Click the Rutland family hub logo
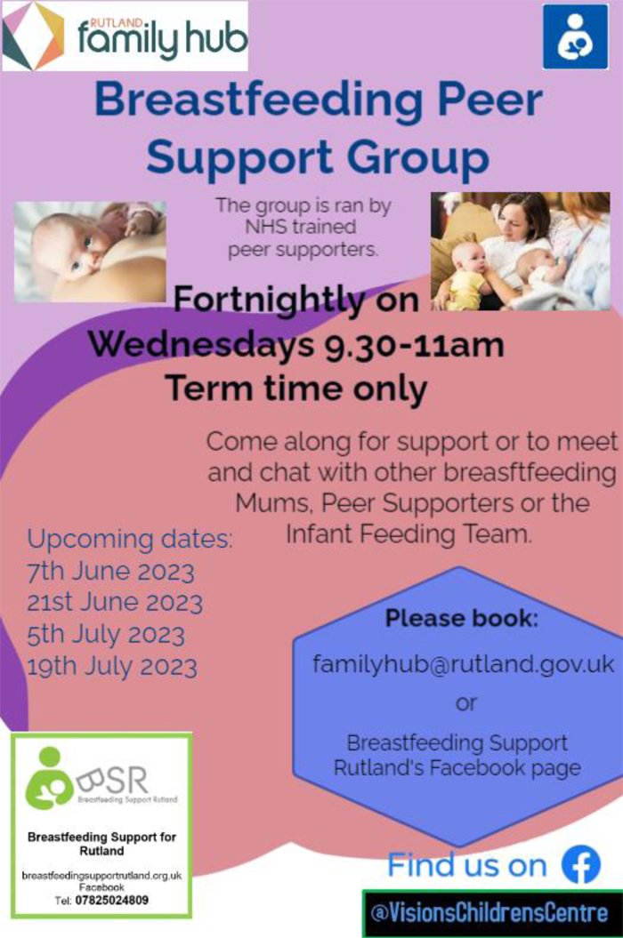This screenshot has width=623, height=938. pos(125,36)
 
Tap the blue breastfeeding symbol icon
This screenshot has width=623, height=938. pos(575,36)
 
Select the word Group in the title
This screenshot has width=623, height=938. pos(418,157)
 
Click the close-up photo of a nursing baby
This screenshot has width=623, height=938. pos(90,252)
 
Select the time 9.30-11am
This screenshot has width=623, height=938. pos(414,345)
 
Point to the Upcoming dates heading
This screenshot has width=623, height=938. pos(129,540)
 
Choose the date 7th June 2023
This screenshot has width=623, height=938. pos(111,572)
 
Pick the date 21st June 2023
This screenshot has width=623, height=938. pos(115,603)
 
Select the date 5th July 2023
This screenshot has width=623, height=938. pos(105,635)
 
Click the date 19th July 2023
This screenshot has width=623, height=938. pos(112,667)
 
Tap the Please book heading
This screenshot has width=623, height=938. pos(461,618)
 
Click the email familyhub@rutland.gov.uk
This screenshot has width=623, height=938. pos(464,664)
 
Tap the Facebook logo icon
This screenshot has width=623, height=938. pos(581,865)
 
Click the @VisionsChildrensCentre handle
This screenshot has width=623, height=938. pos(489,913)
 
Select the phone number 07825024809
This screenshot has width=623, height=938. pos(112,900)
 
